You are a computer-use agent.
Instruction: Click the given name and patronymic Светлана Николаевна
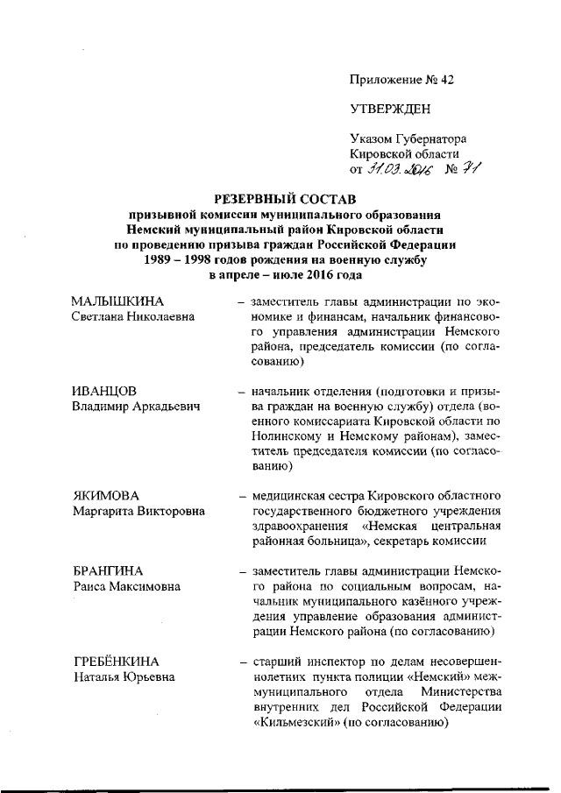coord(132,317)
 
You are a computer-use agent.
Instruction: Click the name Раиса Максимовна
coord(120,585)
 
